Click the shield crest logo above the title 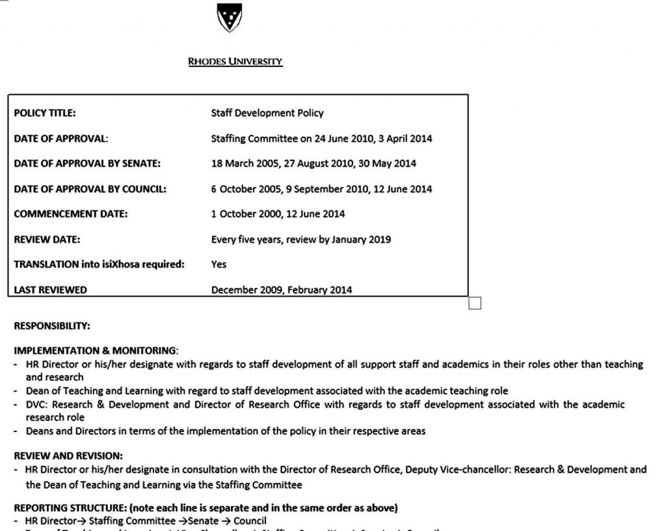pos(229,17)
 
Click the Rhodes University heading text pos(235,62)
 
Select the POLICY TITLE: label pos(45,113)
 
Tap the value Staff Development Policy pos(267,113)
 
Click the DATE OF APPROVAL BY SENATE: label pos(87,163)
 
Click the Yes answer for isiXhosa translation pos(219,264)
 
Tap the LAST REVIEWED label pos(50,290)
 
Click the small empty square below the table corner pos(474,303)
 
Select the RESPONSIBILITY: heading pos(52,325)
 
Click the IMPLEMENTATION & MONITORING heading pos(95,350)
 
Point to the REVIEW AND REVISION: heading pos(68,456)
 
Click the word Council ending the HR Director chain pos(250,521)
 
